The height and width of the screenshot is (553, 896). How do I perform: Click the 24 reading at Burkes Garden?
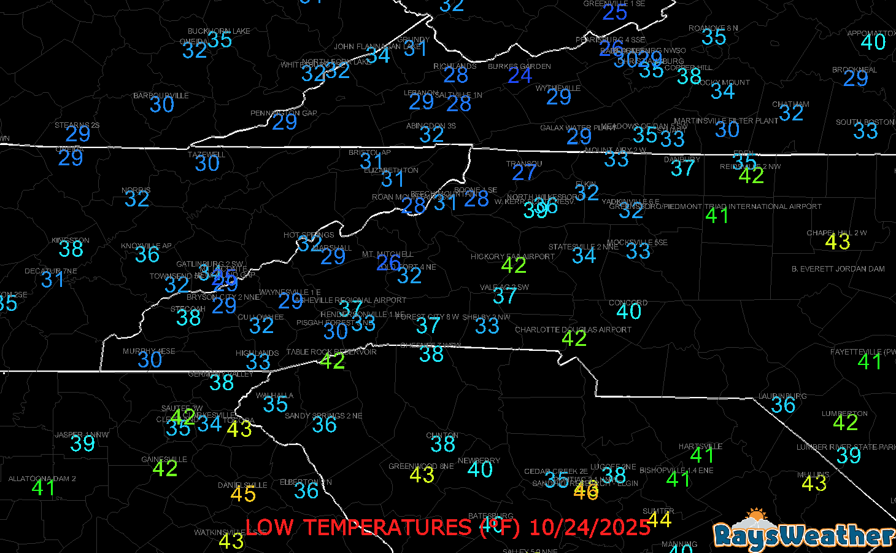click(520, 76)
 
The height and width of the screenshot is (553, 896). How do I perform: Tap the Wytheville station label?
click(558, 88)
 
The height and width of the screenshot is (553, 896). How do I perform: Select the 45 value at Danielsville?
click(243, 494)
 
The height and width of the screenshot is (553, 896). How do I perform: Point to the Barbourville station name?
click(161, 96)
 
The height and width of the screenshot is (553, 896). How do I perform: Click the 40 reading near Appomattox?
click(873, 42)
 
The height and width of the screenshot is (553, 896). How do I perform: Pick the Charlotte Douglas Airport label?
click(573, 330)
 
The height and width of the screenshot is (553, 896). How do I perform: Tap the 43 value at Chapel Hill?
click(837, 242)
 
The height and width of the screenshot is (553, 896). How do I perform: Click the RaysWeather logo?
click(804, 531)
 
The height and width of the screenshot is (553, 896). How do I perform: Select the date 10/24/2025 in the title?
click(589, 527)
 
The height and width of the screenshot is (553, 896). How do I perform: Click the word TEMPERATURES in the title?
click(387, 527)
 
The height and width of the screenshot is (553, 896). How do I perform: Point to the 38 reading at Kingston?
click(71, 249)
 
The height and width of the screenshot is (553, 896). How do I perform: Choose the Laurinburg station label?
click(782, 396)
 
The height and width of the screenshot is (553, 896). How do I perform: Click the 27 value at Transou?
click(524, 173)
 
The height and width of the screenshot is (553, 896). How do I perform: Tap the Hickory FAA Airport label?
click(512, 257)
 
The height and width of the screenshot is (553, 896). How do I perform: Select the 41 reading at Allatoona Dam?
click(44, 488)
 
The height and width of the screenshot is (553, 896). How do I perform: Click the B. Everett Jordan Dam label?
click(838, 269)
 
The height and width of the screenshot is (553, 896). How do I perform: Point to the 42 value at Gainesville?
click(165, 469)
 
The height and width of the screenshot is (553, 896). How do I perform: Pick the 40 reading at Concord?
click(629, 312)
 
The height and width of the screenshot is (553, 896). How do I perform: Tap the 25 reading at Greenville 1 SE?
click(614, 12)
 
